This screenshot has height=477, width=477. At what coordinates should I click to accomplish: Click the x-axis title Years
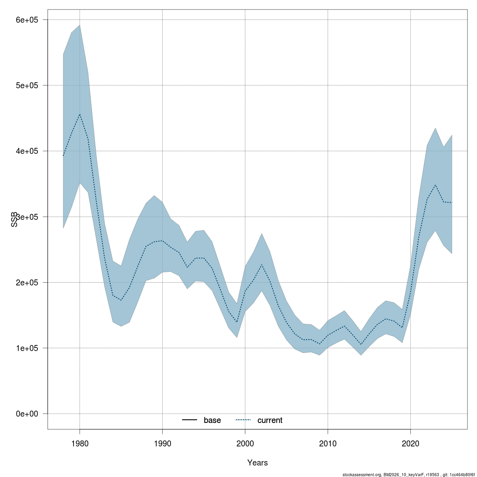tap(257, 463)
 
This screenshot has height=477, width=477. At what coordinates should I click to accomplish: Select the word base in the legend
tap(212, 420)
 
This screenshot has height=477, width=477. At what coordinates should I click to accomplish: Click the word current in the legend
tap(270, 420)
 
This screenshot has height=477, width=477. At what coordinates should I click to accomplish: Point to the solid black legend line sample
tap(190, 420)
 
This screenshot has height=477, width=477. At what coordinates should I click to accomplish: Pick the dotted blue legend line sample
tap(244, 420)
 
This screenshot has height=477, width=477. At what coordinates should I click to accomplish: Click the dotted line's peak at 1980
tap(79, 114)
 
